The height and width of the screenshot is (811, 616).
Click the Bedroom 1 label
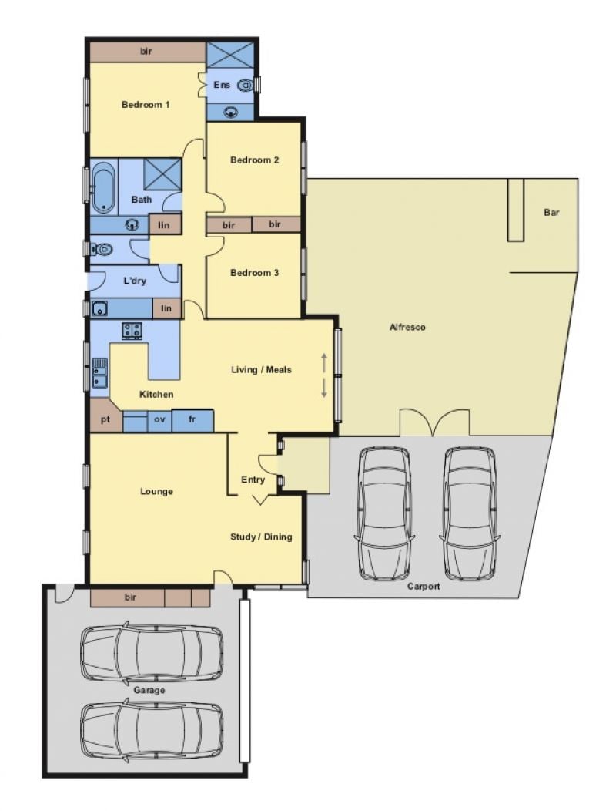click(146, 105)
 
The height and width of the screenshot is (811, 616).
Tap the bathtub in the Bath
click(103, 187)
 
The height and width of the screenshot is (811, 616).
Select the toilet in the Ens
click(245, 85)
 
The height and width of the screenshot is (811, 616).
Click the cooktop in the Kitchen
click(132, 331)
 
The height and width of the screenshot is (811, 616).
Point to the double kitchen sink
click(100, 373)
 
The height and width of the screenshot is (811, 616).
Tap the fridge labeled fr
click(192, 420)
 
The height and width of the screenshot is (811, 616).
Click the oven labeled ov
click(159, 420)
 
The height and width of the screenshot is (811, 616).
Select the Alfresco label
click(407, 327)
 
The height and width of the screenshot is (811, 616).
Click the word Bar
click(551, 212)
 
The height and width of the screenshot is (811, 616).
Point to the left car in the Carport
click(385, 513)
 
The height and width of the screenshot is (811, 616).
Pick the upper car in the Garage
click(152, 651)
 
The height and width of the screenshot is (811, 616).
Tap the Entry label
click(253, 480)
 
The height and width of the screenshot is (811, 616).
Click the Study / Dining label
click(261, 537)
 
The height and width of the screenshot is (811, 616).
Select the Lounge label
click(156, 491)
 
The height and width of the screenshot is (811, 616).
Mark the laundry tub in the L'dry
click(99, 309)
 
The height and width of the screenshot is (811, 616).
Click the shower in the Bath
click(162, 174)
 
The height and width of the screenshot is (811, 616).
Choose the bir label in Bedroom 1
click(146, 52)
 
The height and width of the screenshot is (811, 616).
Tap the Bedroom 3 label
click(254, 273)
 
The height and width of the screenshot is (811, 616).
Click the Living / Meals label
click(261, 369)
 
